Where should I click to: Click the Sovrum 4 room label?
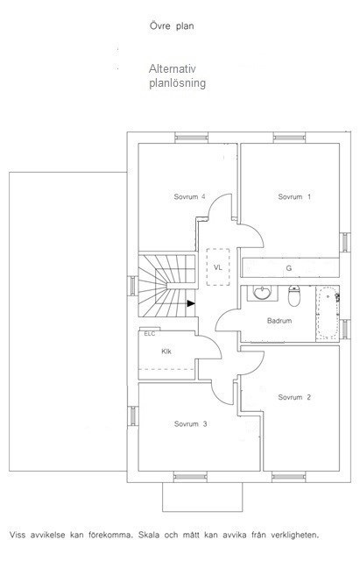click(189, 196)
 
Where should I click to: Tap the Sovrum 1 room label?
click(294, 196)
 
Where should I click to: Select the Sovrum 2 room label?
click(294, 397)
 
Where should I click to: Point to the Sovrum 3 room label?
click(191, 424)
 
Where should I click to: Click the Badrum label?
click(279, 321)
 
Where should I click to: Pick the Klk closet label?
click(166, 352)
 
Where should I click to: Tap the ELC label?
click(150, 334)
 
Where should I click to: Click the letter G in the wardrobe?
click(289, 268)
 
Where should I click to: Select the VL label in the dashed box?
click(218, 267)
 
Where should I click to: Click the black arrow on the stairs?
click(191, 303)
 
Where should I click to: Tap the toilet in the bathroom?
click(294, 296)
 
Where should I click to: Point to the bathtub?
click(328, 313)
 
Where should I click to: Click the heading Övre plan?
click(172, 26)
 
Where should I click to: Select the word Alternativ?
click(173, 68)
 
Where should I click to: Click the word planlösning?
click(177, 83)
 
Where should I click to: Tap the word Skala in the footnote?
click(148, 536)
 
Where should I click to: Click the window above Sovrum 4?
click(191, 138)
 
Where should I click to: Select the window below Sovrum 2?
click(289, 477)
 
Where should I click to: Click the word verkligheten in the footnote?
click(294, 536)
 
